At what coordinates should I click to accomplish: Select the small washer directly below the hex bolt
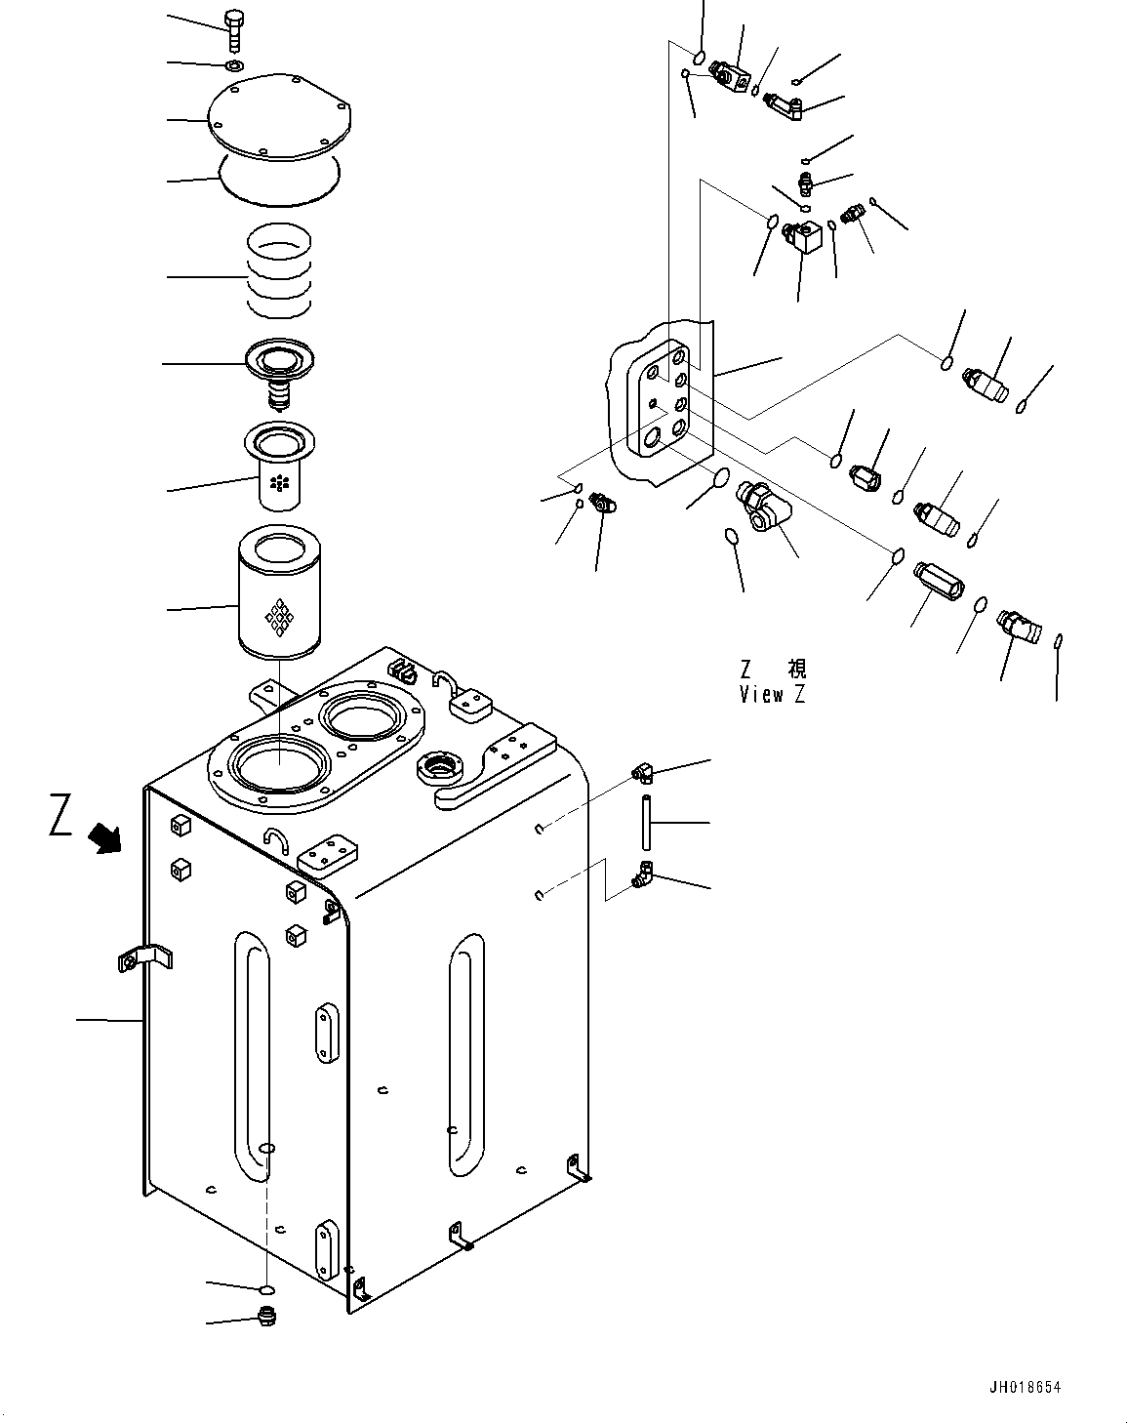pyautogui.click(x=233, y=66)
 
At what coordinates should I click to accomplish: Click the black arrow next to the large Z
pyautogui.click(x=103, y=837)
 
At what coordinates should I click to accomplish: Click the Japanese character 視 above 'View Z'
pyautogui.click(x=796, y=670)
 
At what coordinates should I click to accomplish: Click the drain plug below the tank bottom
pyautogui.click(x=266, y=1320)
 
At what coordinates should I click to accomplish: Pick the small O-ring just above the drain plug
pyautogui.click(x=265, y=1290)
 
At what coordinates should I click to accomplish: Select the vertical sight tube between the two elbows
pyautogui.click(x=644, y=823)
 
